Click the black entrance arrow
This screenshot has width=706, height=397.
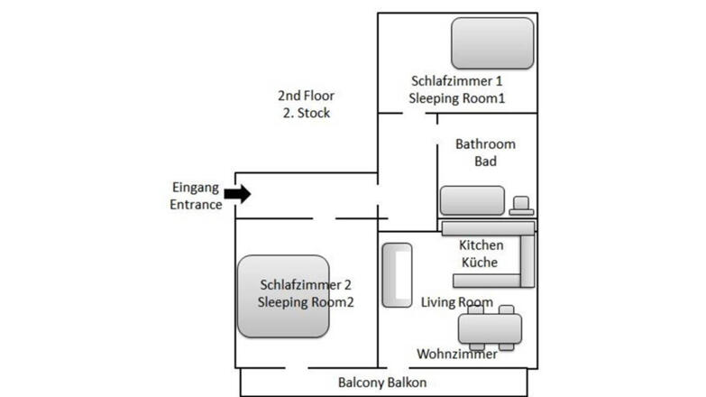238,193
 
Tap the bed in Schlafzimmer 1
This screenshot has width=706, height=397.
492,42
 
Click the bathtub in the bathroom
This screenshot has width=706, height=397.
472,199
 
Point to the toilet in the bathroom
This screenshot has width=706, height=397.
521,206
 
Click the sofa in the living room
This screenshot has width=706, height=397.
396,274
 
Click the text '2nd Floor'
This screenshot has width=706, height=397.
306,96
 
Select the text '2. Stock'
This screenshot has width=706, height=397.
306,114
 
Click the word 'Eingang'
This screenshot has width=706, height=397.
196,188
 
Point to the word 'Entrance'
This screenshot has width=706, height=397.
196,205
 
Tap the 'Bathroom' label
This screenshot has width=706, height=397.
485,144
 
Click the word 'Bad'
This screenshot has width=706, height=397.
485,162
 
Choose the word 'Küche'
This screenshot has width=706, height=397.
481,262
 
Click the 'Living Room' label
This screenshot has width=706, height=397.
457,302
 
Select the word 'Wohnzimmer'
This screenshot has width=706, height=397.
457,355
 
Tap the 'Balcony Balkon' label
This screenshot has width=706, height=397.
382,383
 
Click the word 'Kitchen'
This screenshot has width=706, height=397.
481,245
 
